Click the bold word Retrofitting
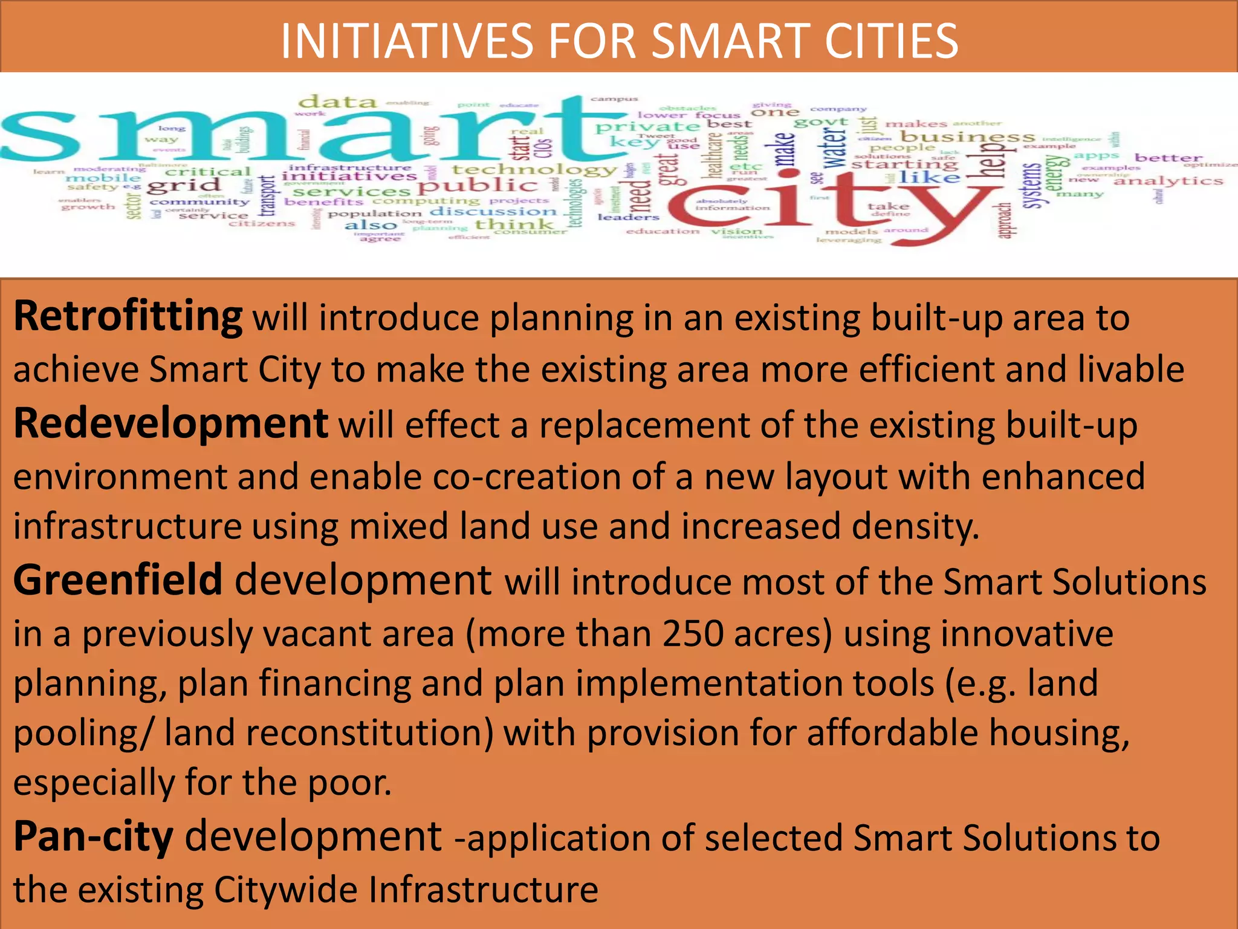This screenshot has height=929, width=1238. (x=128, y=317)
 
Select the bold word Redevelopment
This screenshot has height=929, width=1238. (x=170, y=424)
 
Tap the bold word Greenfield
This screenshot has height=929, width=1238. (x=118, y=580)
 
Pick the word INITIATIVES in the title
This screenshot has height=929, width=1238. (x=407, y=41)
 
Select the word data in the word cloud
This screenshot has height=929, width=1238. (x=339, y=102)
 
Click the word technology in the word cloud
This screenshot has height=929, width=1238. (x=534, y=170)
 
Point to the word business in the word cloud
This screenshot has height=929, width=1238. (x=967, y=137)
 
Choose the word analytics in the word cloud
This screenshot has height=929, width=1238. (x=1168, y=181)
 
